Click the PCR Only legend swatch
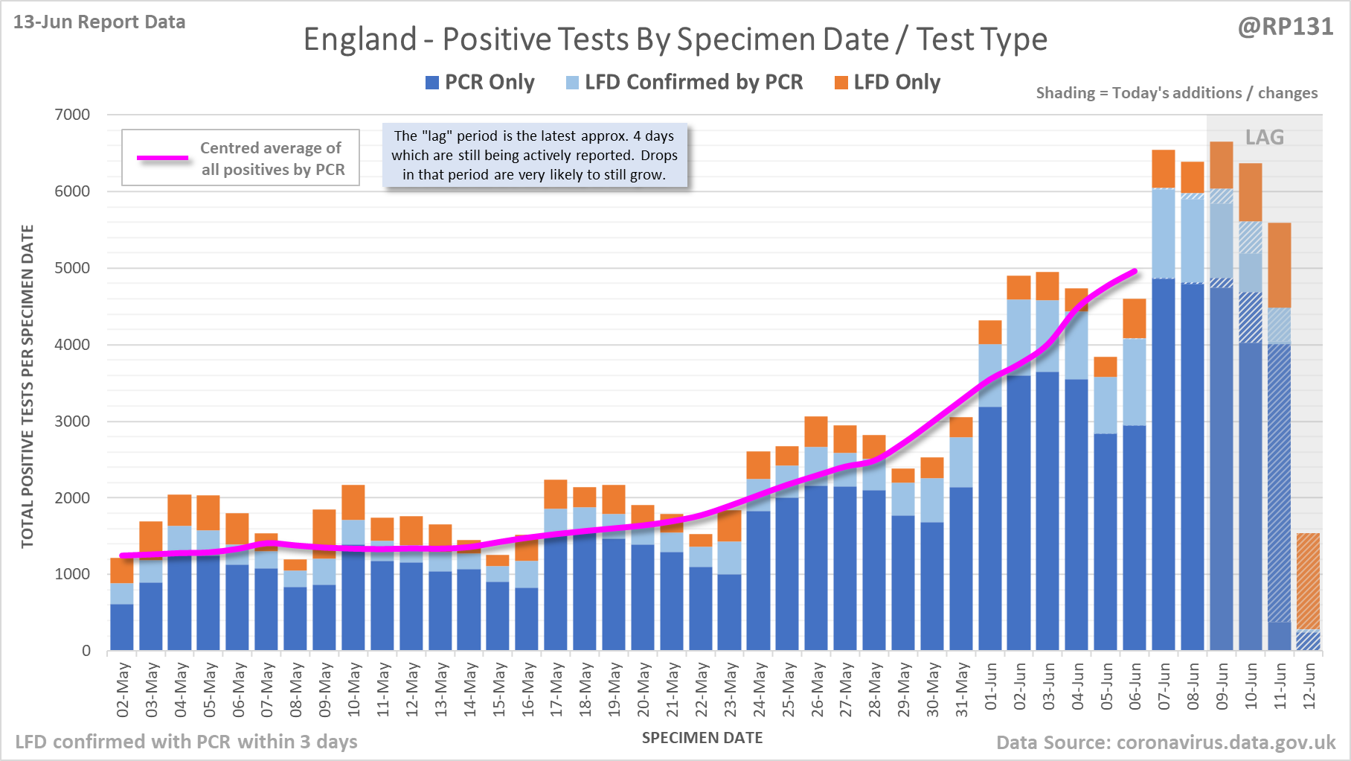click(432, 83)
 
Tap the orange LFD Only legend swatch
click(841, 83)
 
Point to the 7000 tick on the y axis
click(72, 115)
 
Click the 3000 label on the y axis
click(72, 421)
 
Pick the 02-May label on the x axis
click(123, 690)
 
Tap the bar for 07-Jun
click(1164, 447)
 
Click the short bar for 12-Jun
click(1308, 596)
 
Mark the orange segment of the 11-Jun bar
click(1280, 265)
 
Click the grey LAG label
click(1265, 138)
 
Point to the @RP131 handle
click(1286, 27)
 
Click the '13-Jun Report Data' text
click(99, 22)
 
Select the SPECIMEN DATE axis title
click(702, 738)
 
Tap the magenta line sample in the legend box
click(163, 158)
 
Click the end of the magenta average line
click(1135, 271)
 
